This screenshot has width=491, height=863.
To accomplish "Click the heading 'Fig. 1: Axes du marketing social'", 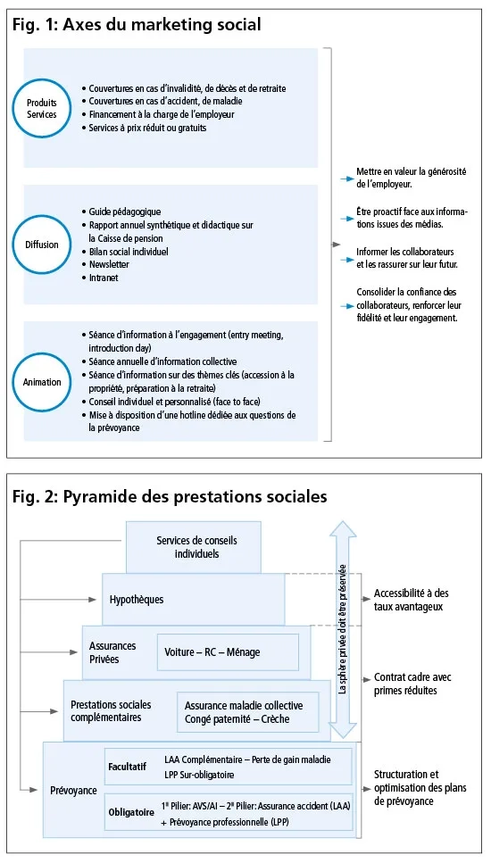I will (137, 25).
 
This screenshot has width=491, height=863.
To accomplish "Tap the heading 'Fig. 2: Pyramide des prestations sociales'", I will (170, 495).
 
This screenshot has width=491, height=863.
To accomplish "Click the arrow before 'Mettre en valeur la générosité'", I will (347, 178).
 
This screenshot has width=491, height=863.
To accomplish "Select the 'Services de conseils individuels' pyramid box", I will (196, 547).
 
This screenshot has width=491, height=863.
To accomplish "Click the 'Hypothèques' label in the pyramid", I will (137, 600).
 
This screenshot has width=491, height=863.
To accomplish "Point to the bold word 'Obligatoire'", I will (131, 812).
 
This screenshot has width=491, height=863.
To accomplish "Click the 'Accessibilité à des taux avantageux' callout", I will (412, 600).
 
